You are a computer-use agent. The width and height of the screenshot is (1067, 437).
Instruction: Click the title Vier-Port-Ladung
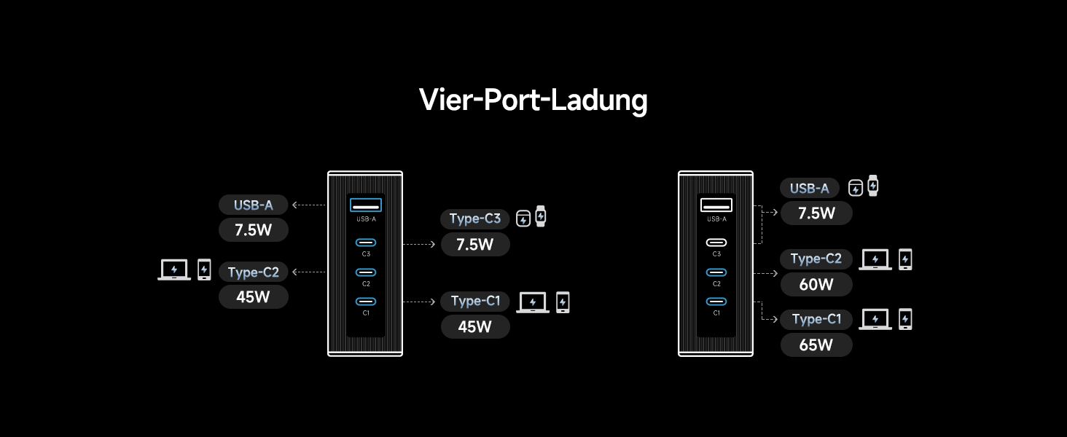point(533,100)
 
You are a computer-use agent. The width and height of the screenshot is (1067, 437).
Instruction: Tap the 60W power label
point(816,284)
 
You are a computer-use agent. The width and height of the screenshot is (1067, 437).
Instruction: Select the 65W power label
point(816,345)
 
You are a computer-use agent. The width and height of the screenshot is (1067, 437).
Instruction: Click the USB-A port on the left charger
point(365,205)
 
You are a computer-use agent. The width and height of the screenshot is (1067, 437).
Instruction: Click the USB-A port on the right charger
point(716,205)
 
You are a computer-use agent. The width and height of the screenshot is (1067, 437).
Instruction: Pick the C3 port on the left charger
point(365,243)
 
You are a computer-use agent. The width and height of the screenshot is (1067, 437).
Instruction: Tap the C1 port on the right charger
point(716,302)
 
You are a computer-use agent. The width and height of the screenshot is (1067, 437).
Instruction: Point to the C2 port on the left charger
point(365,272)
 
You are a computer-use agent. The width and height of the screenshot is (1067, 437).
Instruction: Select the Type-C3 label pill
point(474,219)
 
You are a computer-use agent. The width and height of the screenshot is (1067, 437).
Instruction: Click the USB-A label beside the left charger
point(253,205)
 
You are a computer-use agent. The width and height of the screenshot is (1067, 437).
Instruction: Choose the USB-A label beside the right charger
point(809,189)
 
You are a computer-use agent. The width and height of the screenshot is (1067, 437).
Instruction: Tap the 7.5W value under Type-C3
point(474,245)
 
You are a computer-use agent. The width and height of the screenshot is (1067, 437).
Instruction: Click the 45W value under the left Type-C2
point(253,296)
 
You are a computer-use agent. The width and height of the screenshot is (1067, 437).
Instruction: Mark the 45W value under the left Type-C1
point(474,327)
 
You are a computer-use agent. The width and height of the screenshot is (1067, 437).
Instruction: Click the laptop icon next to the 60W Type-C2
point(875,259)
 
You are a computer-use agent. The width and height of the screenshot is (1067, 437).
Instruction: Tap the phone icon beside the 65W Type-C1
point(905,319)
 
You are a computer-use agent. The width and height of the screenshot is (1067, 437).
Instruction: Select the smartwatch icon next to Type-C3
point(540,216)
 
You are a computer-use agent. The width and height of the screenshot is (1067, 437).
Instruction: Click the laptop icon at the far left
point(174,269)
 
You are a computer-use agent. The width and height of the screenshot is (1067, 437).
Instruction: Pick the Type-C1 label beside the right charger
point(816,319)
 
